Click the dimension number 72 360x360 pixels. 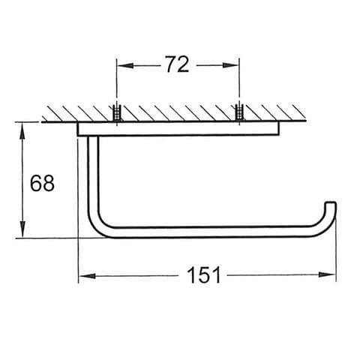(x=177, y=64)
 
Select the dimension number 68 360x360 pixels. (x=42, y=183)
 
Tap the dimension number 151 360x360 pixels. (x=204, y=274)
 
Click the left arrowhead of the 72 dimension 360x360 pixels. (x=125, y=65)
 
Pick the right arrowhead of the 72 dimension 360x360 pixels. (x=231, y=65)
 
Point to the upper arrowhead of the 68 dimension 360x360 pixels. (x=22, y=130)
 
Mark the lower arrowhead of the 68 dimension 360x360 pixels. (x=22, y=229)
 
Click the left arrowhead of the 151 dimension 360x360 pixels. (x=87, y=276)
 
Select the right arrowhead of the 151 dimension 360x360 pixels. (x=327, y=274)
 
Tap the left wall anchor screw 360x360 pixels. (x=116, y=113)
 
